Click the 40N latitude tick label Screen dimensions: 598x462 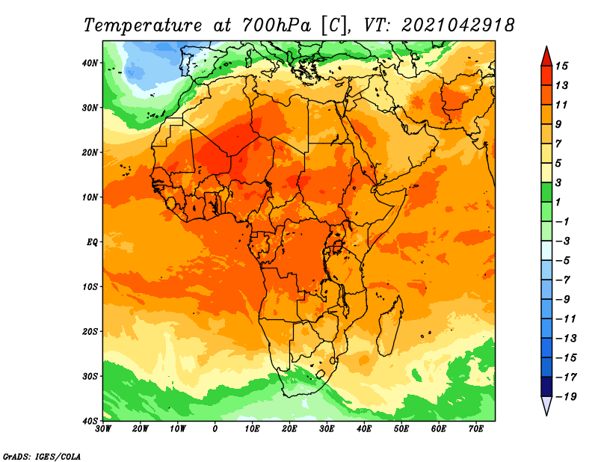coord(90,63)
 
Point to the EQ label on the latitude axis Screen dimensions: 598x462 coord(92,242)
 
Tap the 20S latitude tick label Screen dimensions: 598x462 coord(90,331)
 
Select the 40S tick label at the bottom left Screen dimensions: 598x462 coord(90,421)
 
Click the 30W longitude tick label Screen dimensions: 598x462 coord(103,429)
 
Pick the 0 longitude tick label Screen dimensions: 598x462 coord(215,429)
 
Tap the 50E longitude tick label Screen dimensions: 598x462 coord(401,429)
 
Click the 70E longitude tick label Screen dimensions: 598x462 coord(476,429)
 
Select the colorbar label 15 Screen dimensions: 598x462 coord(561,66)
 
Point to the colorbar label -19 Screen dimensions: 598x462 coord(566,397)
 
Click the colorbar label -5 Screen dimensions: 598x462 coord(563,261)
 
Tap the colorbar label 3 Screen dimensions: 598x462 coord(558,182)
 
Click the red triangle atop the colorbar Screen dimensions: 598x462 coord(546,57)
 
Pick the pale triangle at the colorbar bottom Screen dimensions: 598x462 coord(546,405)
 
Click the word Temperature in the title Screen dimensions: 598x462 coord(142,25)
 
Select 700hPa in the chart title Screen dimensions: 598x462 coord(276,25)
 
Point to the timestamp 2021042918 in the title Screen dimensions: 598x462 coord(457,25)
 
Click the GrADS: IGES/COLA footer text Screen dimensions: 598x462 coord(42,457)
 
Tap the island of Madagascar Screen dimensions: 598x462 coord(391,325)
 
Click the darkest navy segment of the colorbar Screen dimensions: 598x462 coord(546,386)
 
